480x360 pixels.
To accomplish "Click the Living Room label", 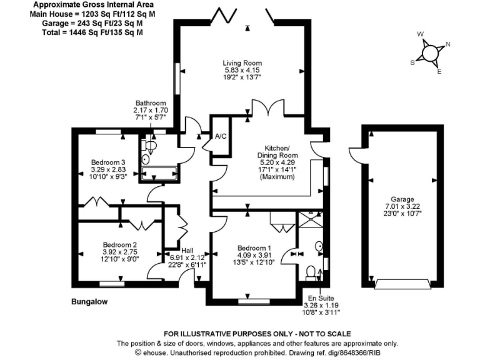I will (x=242, y=63).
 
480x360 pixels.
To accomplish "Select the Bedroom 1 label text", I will (x=254, y=248).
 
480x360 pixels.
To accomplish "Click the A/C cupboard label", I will (x=220, y=136).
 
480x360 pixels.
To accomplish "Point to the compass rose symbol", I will (x=430, y=52).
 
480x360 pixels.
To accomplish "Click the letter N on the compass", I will (x=448, y=44).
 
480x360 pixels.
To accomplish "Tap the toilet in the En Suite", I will (x=311, y=272).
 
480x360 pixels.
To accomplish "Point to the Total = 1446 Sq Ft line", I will (x=86, y=32).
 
